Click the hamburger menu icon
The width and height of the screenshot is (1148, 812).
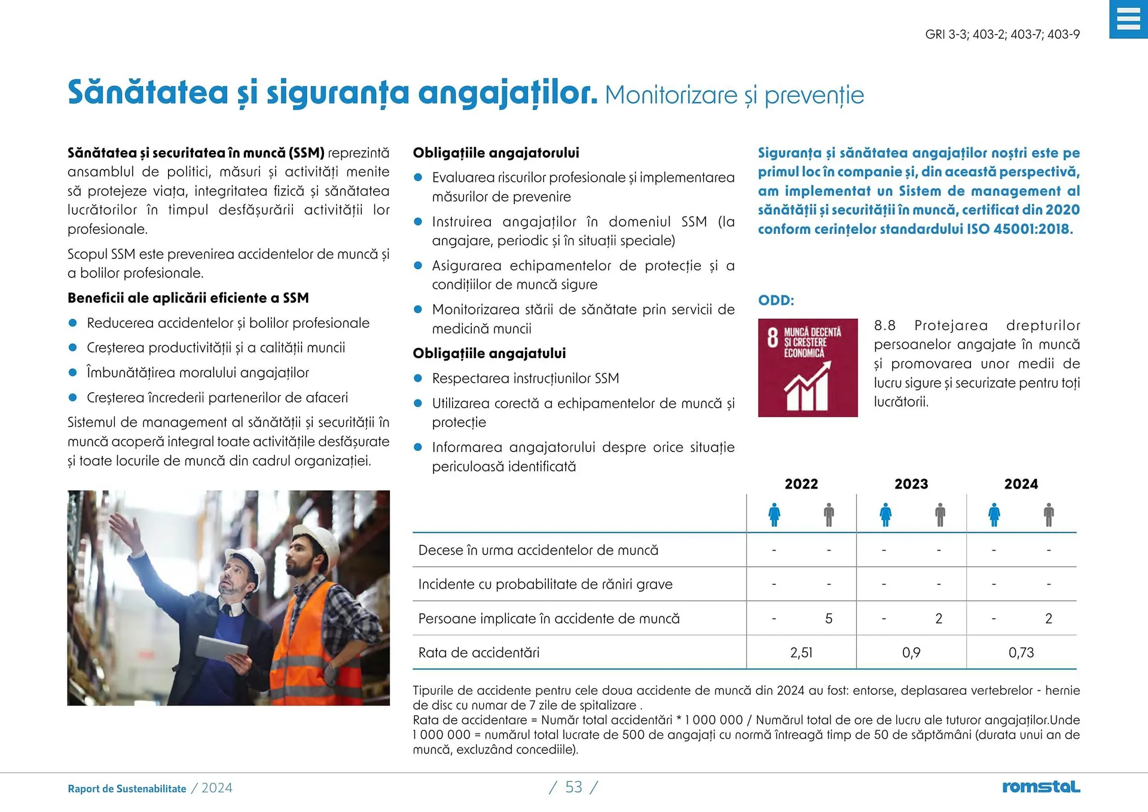point(1128,19)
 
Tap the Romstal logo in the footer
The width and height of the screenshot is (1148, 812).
point(1040,787)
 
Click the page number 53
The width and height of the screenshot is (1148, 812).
point(573,787)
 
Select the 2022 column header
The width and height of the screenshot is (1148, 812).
point(801,484)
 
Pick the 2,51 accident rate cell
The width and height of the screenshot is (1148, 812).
point(801,652)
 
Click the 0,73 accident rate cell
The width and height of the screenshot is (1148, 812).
point(1021,652)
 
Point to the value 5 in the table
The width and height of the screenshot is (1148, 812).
point(828,618)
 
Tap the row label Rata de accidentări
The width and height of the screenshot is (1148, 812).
point(478,652)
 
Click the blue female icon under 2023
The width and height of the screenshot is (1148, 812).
point(886,514)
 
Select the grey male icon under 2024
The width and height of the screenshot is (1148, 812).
point(1048,514)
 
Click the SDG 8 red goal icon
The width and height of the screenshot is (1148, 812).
point(807,368)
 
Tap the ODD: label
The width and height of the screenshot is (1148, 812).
point(775,300)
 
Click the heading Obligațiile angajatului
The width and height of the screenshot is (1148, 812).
point(489,353)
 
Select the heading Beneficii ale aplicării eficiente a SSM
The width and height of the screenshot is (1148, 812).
point(188,298)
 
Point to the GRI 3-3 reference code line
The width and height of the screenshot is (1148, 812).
point(1002,34)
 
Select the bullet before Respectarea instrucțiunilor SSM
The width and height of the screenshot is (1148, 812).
point(418,378)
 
